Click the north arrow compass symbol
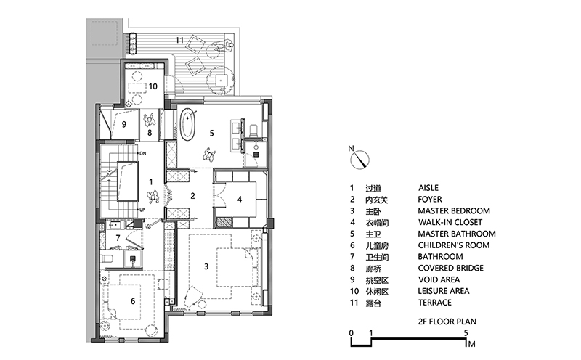359,156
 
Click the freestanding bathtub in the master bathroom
189,124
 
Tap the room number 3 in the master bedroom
207,266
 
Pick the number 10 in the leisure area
153,86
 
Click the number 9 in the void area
124,125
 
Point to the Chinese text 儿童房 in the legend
384,245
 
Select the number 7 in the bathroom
118,238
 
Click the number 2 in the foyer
193,195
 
